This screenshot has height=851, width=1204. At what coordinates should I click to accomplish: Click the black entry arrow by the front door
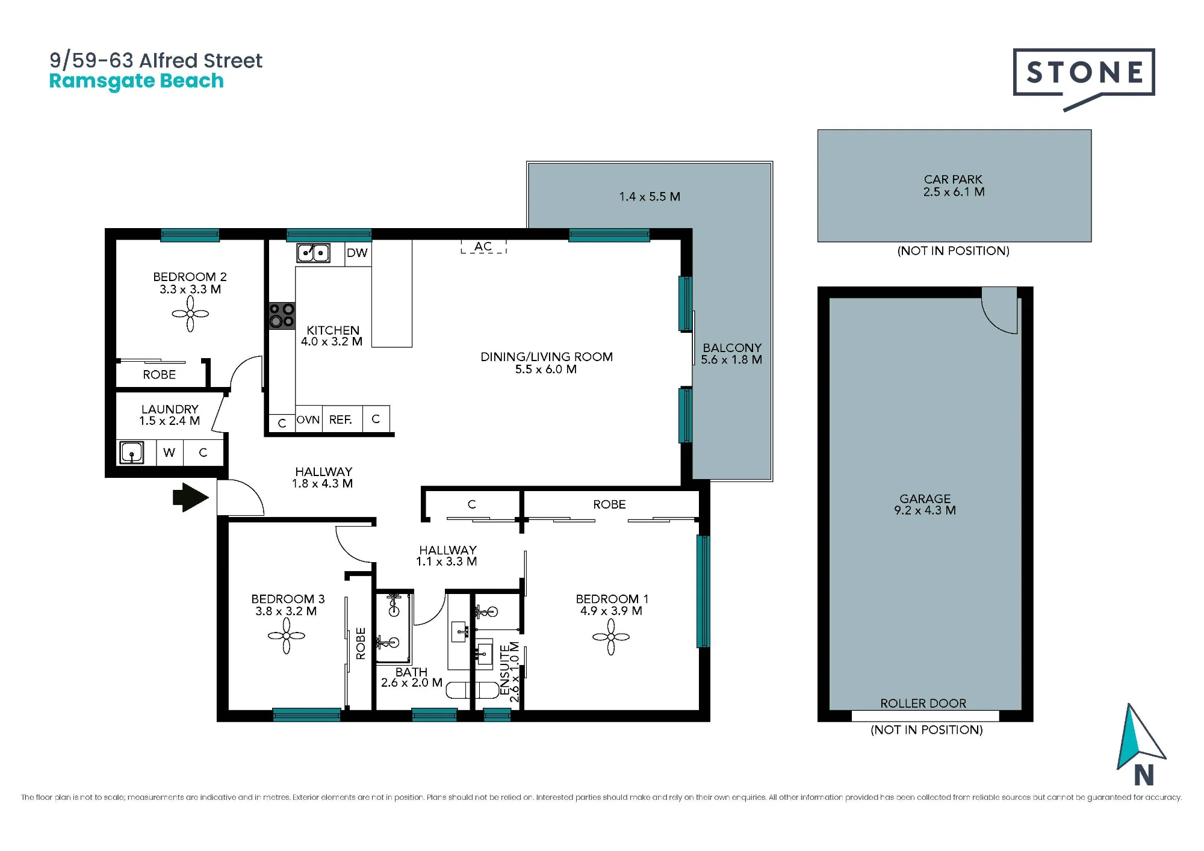(x=191, y=497)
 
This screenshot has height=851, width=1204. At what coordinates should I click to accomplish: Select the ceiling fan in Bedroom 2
(x=190, y=314)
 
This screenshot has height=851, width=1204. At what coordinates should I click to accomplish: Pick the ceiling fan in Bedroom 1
(x=611, y=637)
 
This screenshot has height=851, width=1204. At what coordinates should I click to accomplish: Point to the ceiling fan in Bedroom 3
(x=287, y=636)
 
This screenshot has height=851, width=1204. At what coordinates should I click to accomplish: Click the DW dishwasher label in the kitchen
(x=357, y=253)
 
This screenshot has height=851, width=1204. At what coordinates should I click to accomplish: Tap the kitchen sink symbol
(x=313, y=253)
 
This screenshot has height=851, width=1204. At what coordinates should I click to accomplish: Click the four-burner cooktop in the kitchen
(x=282, y=315)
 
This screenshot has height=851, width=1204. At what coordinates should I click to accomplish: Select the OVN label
(x=308, y=419)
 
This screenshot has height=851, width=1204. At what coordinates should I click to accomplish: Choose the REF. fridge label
(x=341, y=419)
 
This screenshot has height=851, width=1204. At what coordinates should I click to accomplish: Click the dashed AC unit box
(x=483, y=247)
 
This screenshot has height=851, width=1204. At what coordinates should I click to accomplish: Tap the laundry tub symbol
(x=131, y=452)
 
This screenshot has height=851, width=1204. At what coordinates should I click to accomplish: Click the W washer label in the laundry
(x=169, y=452)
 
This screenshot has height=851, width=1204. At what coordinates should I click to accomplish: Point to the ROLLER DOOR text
(x=923, y=704)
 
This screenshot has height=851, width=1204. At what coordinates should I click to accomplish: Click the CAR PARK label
(x=953, y=179)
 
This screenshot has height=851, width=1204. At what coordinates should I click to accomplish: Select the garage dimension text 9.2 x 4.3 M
(x=925, y=510)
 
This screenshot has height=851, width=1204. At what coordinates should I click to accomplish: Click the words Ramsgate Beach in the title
(x=136, y=81)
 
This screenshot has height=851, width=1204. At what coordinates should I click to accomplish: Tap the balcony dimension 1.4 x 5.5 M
(x=650, y=197)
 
